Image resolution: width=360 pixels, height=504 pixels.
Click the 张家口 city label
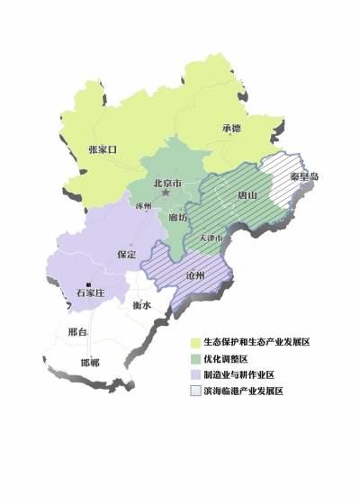[103, 148]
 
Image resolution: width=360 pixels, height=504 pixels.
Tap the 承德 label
[231, 128]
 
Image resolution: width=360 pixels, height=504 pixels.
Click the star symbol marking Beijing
[165, 193]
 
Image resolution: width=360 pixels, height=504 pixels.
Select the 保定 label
[126, 255]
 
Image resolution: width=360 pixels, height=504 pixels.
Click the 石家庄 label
[91, 292]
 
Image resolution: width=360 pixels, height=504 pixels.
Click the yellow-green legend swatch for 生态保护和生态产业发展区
[194, 343]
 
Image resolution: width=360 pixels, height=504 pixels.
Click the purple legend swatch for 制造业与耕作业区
[194, 375]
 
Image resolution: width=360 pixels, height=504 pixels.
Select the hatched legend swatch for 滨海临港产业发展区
[194, 391]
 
